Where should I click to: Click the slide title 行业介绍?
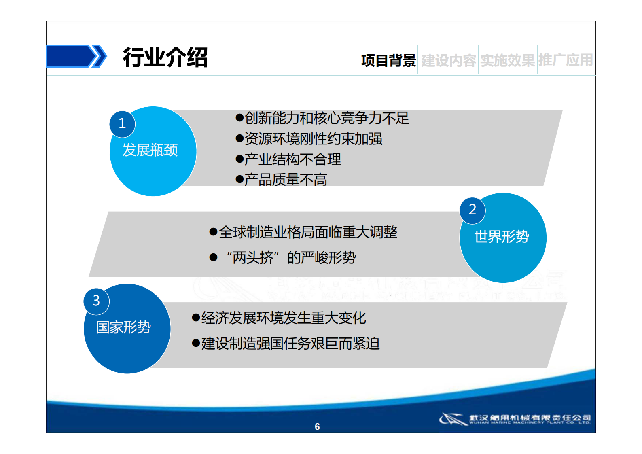click(165, 57)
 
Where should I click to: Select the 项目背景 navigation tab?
click(388, 61)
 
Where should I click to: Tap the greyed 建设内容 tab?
click(448, 61)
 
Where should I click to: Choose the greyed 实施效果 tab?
click(507, 61)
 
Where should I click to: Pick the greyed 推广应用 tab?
click(566, 60)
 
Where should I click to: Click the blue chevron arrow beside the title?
click(77, 56)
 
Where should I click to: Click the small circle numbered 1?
click(122, 124)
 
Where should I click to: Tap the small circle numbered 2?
click(472, 210)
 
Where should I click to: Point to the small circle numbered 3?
click(96, 301)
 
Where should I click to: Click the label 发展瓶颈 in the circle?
click(150, 150)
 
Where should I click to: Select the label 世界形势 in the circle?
click(502, 237)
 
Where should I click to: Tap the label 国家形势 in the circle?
click(123, 327)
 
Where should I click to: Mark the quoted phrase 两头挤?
click(253, 258)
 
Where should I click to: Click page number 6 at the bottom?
click(317, 426)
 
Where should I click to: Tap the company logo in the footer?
click(515, 419)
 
